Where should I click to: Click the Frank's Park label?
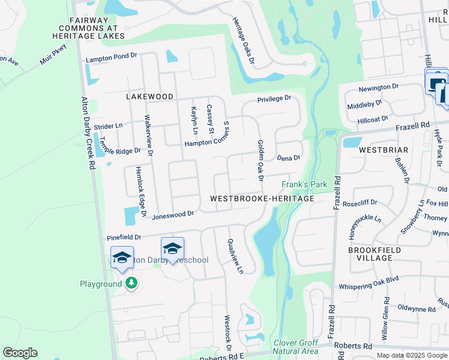tap(304, 184)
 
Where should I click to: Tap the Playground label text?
tap(101, 284)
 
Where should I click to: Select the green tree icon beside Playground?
tap(131, 283)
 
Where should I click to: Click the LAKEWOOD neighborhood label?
tap(149, 97)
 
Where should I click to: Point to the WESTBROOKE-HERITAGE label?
tap(262, 199)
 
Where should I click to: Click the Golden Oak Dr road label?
tap(261, 158)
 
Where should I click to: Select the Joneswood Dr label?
tap(173, 214)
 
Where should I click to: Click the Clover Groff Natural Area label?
tap(295, 346)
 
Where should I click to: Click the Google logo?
tap(20, 353)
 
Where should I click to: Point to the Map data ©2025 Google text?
tap(412, 355)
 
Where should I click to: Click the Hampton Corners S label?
tap(207, 143)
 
